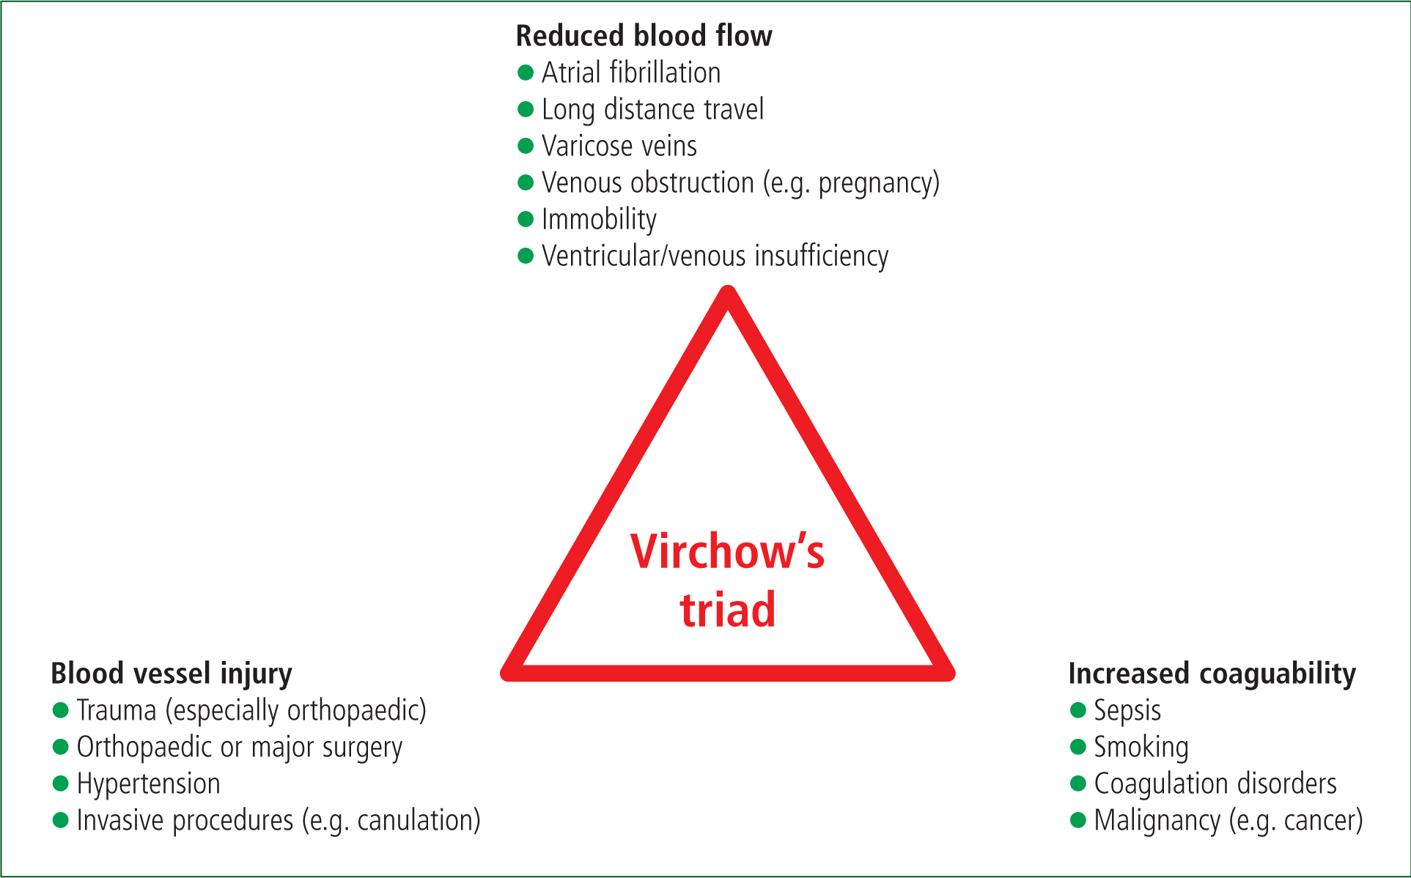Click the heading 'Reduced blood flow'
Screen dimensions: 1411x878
644,36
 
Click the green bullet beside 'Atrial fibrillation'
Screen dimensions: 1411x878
525,72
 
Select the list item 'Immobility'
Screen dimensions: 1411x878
599,220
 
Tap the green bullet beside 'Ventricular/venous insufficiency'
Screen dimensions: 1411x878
525,255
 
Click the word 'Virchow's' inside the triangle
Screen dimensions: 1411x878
727,552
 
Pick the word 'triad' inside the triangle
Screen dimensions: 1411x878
727,610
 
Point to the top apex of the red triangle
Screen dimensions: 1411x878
728,290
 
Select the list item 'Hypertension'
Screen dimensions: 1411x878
148,784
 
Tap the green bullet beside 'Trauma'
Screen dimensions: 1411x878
60,709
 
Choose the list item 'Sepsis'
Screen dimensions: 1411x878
1127,711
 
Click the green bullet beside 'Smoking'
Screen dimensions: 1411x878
1077,746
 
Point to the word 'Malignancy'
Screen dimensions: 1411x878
1157,821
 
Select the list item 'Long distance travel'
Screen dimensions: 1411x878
652,110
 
